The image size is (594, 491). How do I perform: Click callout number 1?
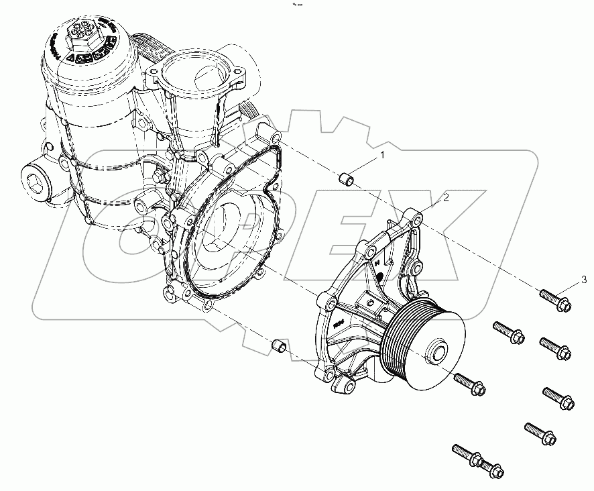point(383,156)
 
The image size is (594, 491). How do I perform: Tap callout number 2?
point(444,197)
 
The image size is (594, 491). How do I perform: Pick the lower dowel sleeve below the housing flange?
point(279,346)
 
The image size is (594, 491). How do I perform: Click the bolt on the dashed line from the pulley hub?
point(469,383)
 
